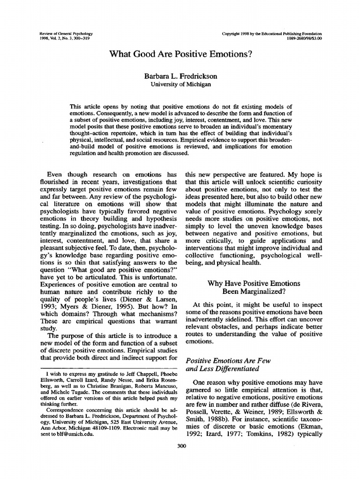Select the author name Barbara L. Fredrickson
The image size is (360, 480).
point(180,75)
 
